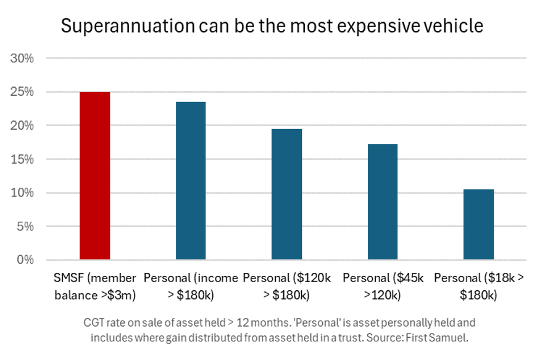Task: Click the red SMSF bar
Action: [x=95, y=176]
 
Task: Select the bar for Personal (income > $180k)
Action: [x=191, y=180]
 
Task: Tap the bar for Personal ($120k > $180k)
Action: [x=287, y=194]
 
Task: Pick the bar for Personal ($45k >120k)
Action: [x=383, y=201]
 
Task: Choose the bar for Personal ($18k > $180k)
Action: [x=479, y=224]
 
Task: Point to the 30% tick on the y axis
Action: [x=23, y=59]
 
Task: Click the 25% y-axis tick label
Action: [x=23, y=92]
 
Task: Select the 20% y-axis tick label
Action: [x=23, y=125]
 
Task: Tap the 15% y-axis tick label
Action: [x=23, y=159]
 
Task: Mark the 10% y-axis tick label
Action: [x=23, y=193]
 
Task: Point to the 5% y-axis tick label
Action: [x=25, y=226]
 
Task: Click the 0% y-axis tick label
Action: [x=25, y=260]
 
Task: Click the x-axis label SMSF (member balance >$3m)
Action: [x=95, y=287]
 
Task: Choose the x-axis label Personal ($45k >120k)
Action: [x=383, y=287]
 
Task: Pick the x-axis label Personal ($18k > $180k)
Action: [x=479, y=287]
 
